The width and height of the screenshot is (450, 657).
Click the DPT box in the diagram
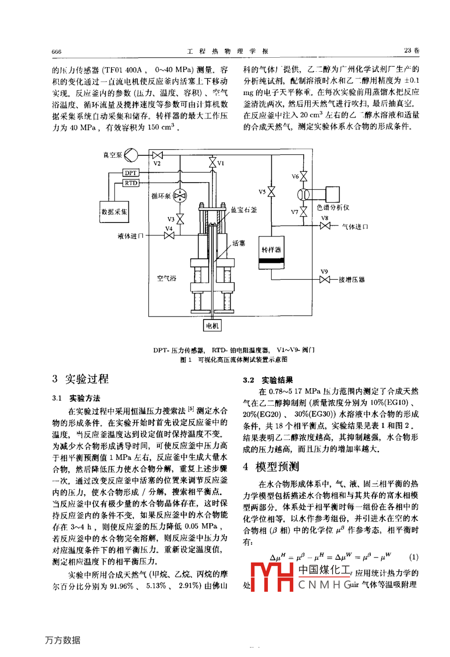(x=131, y=173)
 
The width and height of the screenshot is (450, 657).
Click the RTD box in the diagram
(x=131, y=183)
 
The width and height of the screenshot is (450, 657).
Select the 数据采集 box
(x=114, y=212)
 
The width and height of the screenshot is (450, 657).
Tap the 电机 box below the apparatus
(x=213, y=326)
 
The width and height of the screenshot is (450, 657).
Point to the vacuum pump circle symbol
(x=131, y=155)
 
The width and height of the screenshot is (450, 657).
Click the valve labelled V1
(x=213, y=163)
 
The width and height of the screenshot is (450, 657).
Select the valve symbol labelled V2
(x=157, y=155)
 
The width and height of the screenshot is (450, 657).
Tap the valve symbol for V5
(x=271, y=192)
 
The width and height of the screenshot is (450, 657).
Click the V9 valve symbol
(x=325, y=280)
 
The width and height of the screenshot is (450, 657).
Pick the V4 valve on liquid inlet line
(x=169, y=235)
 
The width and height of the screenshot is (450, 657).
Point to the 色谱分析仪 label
(x=333, y=207)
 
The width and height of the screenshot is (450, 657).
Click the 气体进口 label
(x=355, y=226)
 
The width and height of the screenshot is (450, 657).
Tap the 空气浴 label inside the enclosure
(x=167, y=278)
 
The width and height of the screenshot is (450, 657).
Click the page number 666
(x=56, y=51)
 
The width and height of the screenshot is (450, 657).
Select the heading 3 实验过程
(x=80, y=379)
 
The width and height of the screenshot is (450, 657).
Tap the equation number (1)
(x=413, y=557)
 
